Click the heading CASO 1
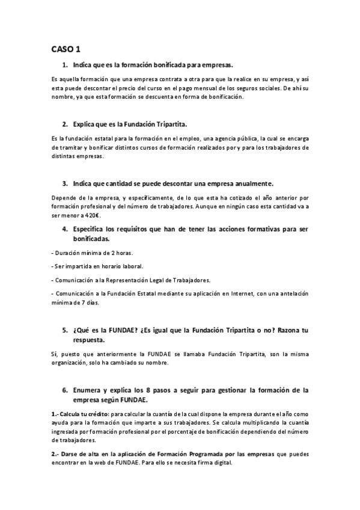point(66,48)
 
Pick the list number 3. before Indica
point(65,183)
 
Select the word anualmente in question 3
point(252,183)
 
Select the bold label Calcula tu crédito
point(84,415)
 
